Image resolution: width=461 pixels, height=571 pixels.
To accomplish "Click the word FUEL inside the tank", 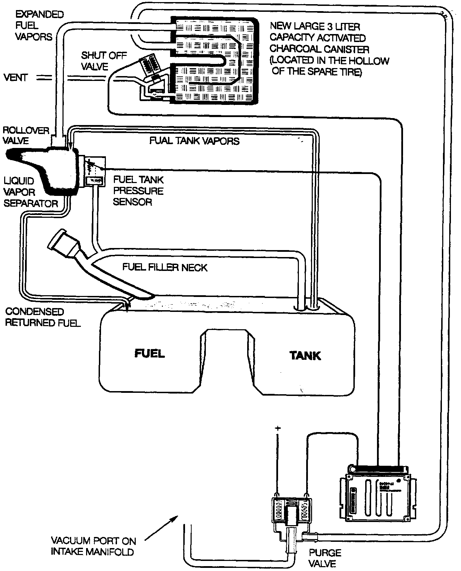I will (150, 353).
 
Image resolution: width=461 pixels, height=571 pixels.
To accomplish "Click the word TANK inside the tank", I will (305, 356).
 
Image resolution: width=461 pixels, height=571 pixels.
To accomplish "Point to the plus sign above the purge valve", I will (277, 429).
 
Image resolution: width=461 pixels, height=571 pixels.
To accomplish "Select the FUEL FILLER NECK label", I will (165, 267).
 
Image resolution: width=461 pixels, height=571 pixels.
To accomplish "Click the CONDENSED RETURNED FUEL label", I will (43, 317).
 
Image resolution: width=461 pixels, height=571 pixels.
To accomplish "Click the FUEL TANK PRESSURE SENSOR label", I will (138, 191).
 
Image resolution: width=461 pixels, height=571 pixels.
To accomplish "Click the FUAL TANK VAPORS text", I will (194, 141).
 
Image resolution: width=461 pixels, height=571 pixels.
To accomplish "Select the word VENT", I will (15, 77).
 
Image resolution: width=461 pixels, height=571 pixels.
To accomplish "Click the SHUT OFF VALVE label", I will (103, 61).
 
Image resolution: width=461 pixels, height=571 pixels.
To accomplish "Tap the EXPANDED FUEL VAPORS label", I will (39, 25).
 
